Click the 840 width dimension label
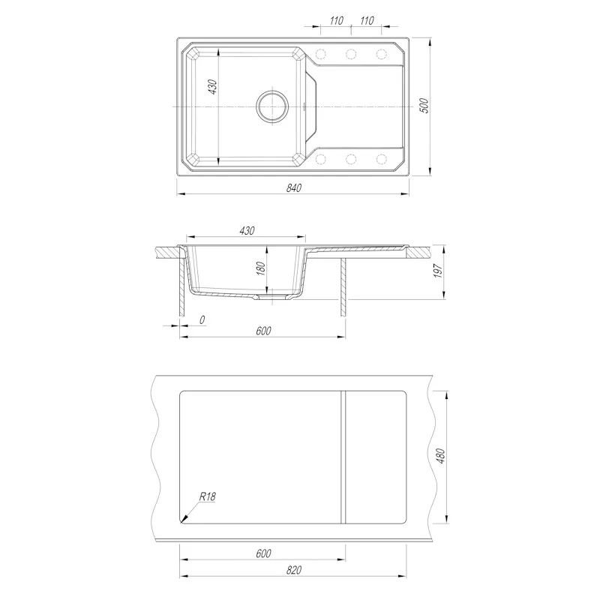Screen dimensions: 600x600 294,188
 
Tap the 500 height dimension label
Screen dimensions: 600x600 424,106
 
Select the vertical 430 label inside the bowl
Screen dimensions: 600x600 212,87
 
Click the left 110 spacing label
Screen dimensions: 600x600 336,20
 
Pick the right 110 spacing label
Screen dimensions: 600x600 367,20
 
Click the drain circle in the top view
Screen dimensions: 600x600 272,106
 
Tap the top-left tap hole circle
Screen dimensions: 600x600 321,54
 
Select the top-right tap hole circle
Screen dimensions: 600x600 382,54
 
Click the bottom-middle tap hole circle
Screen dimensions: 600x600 351,159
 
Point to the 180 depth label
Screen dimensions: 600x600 261,268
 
